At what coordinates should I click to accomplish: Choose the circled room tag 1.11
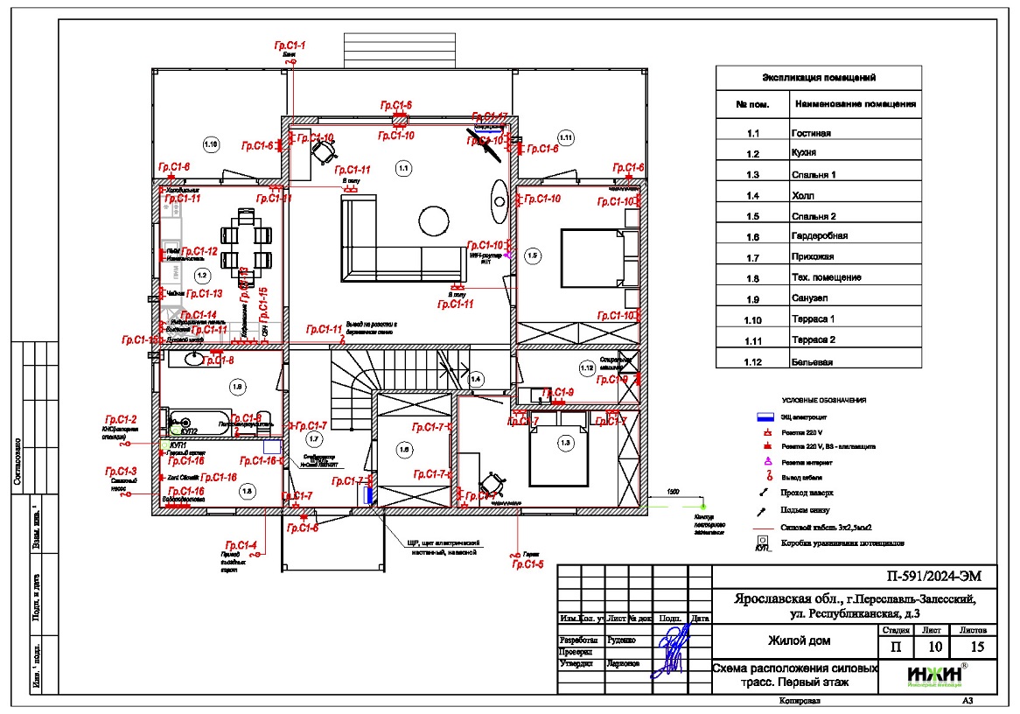pyautogui.click(x=565, y=136)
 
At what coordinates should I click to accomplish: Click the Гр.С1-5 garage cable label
pyautogui.click(x=528, y=565)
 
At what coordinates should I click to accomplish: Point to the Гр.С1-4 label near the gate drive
pyautogui.click(x=241, y=546)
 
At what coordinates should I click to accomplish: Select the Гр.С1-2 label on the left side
pyautogui.click(x=121, y=420)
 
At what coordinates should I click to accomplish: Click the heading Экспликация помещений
pyautogui.click(x=819, y=78)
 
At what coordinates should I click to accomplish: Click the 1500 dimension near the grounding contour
pyautogui.click(x=672, y=493)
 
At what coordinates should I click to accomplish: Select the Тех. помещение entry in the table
pyautogui.click(x=827, y=277)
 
